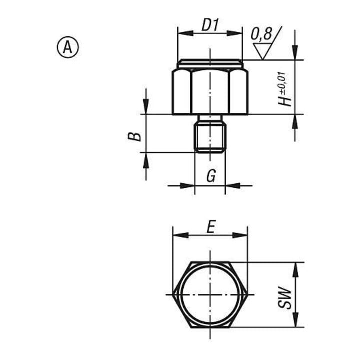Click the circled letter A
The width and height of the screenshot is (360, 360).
[67, 48]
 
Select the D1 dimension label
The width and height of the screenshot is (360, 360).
[210, 25]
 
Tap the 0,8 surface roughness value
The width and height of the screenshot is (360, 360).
[261, 34]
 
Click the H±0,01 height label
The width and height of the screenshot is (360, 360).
[284, 89]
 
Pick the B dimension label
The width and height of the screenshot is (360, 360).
[134, 137]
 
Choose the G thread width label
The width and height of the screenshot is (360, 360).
[211, 176]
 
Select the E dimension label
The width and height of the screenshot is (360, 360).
[211, 227]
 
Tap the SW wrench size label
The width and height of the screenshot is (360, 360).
[284, 297]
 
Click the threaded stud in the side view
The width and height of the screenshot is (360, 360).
[210, 137]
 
